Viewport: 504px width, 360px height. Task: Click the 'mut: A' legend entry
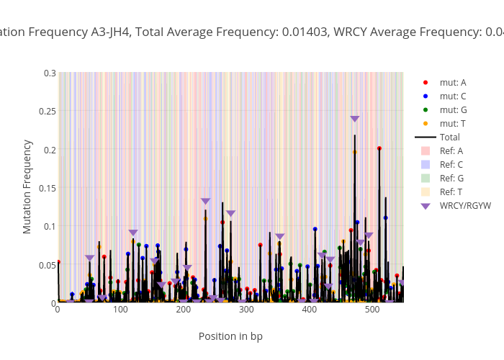[452, 83]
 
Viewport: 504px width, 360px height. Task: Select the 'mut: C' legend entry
[452, 96]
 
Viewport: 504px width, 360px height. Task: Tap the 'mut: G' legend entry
[452, 110]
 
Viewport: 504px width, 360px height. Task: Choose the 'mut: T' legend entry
[452, 124]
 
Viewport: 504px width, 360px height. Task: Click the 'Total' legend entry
[449, 138]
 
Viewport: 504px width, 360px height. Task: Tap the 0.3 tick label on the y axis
[49, 73]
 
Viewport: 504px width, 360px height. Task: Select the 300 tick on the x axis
[247, 310]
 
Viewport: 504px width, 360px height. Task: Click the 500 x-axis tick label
[373, 310]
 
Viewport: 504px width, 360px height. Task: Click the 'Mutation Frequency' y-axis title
[27, 186]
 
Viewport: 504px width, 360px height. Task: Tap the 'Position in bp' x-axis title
[230, 336]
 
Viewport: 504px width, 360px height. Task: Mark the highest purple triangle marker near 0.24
[355, 120]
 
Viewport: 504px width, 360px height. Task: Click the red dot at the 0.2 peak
[379, 148]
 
